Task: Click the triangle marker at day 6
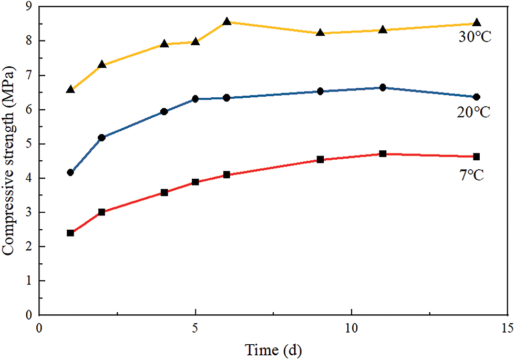coord(227,22)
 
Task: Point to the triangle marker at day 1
coord(70,90)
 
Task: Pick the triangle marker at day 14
coord(477,23)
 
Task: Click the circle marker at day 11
coord(383,87)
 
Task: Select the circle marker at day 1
coord(70,172)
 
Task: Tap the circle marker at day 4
coord(164,111)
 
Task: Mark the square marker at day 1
coord(70,233)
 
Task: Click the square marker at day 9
coord(320,159)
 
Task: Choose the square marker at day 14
coord(477,157)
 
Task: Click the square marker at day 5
coord(195,182)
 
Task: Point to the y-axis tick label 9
coord(28,6)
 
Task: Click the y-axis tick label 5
coord(28,144)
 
